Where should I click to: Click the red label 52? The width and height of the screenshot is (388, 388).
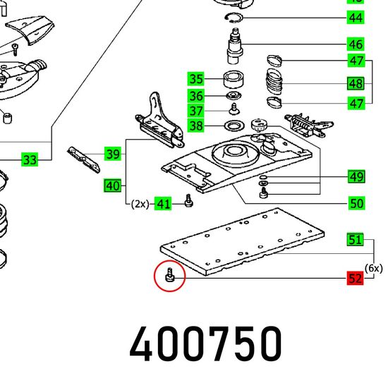355,279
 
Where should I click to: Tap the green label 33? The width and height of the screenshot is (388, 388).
30,159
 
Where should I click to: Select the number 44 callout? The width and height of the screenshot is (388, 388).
356,18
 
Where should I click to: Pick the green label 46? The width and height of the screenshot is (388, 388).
356,44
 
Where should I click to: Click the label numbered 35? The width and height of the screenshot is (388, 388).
195,79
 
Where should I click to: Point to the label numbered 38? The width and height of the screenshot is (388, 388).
195,126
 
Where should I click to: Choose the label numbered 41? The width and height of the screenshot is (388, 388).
163,204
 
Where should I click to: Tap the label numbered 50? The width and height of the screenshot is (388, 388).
356,203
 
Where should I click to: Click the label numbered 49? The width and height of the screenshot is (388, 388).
356,176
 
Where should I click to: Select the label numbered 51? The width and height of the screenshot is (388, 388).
355,240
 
